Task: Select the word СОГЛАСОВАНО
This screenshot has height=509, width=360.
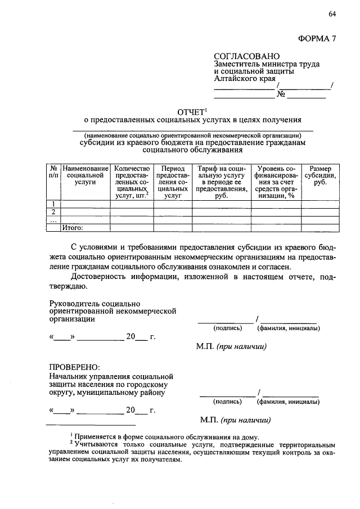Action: (246, 56)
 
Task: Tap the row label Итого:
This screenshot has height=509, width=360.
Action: (73, 228)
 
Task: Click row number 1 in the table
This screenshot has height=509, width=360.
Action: (52, 204)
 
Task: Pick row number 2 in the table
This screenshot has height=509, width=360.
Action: (52, 212)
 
